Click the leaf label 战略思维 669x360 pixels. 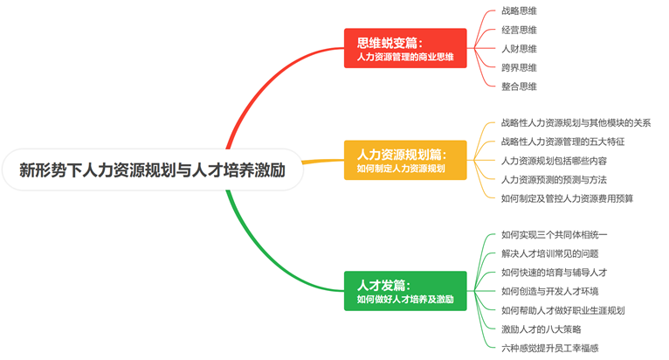(x=519, y=11)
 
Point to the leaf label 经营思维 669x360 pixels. (x=519, y=30)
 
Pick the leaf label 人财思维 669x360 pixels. (x=519, y=49)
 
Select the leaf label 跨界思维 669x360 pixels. (x=519, y=67)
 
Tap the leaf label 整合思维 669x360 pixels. (x=519, y=86)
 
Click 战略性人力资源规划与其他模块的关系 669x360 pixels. (x=576, y=123)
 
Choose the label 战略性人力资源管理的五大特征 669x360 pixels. (x=562, y=142)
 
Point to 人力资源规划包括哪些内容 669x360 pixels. (x=554, y=161)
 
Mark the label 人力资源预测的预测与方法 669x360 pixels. (x=554, y=179)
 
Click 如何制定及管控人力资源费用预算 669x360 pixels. (x=567, y=198)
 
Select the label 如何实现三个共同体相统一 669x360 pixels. (x=554, y=235)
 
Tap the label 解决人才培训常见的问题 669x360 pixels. (x=549, y=253)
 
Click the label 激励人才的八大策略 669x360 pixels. (x=541, y=329)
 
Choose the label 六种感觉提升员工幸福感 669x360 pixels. (x=549, y=348)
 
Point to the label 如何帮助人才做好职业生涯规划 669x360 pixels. (x=562, y=310)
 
